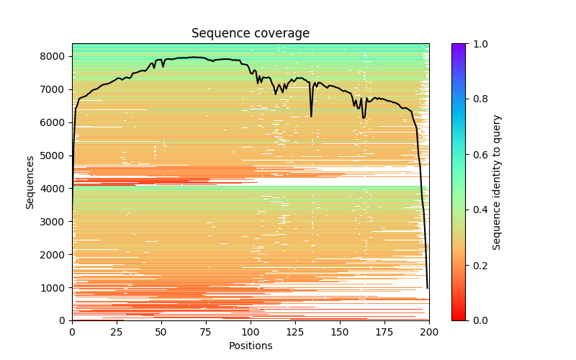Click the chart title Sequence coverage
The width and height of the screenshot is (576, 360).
[x=250, y=33]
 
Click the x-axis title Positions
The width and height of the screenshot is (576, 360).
[x=250, y=346]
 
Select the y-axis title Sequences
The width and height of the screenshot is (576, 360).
[x=30, y=181]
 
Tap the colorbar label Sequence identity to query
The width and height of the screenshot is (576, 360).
[x=497, y=181]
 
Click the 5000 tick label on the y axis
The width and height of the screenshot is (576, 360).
[x=55, y=156]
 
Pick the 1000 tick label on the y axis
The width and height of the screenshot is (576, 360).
[x=55, y=287]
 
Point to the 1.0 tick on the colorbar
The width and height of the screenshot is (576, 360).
[x=465, y=44]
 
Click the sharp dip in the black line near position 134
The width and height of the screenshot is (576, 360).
[x=311, y=116]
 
